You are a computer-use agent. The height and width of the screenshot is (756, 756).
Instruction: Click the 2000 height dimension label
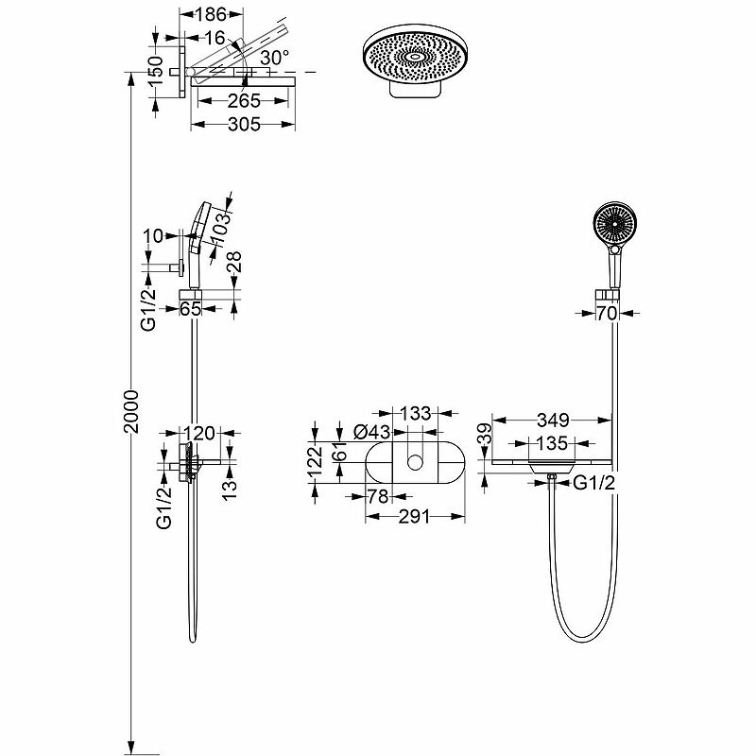click(x=132, y=410)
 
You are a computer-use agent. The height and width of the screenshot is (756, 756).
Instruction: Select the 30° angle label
click(x=275, y=58)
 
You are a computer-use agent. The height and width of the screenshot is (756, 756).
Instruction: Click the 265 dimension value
click(x=244, y=101)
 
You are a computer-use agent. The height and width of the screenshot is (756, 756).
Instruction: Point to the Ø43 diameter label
click(x=372, y=432)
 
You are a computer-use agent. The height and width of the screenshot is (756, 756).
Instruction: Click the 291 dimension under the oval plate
click(x=414, y=516)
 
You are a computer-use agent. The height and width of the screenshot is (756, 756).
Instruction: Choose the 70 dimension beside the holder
click(x=607, y=313)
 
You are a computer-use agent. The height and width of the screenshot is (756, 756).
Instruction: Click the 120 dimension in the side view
click(x=199, y=434)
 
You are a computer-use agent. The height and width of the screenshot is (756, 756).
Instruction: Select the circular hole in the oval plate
click(x=415, y=461)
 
